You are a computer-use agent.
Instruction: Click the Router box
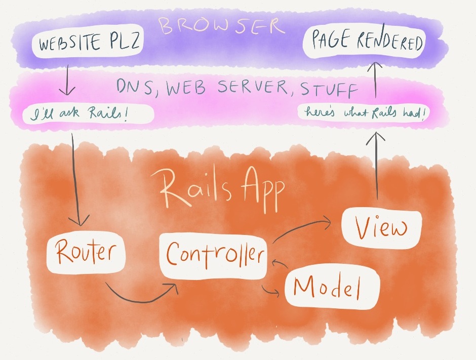[x=85, y=253]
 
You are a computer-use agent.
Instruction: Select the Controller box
[x=214, y=255]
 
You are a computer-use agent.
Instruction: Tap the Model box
[x=331, y=288]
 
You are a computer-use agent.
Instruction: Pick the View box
[x=381, y=229]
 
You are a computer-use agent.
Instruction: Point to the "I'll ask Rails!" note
[x=87, y=115]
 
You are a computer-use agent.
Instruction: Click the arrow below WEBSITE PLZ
[x=66, y=84]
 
